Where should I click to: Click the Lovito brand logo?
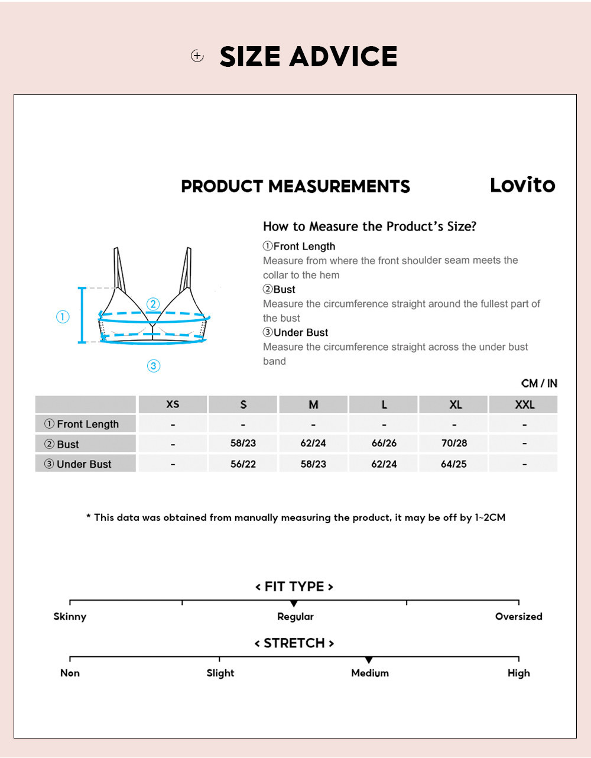(522, 185)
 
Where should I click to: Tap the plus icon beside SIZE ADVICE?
(197, 56)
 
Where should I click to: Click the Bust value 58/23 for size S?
(243, 443)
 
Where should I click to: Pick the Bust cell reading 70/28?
(454, 443)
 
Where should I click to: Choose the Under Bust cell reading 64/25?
(454, 464)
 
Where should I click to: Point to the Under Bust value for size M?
(313, 464)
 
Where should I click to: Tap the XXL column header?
(524, 404)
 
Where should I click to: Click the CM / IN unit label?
(539, 383)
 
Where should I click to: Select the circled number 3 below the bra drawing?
(154, 366)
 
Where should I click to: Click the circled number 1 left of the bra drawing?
(63, 317)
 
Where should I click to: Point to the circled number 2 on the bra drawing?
(153, 305)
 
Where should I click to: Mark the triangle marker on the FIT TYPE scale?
(294, 604)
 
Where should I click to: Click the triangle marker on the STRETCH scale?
(369, 660)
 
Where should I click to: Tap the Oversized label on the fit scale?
(518, 617)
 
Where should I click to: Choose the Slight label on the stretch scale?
(220, 673)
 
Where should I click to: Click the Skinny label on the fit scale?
(70, 617)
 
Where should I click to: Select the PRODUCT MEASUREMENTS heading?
(295, 186)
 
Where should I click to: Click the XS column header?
(173, 404)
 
